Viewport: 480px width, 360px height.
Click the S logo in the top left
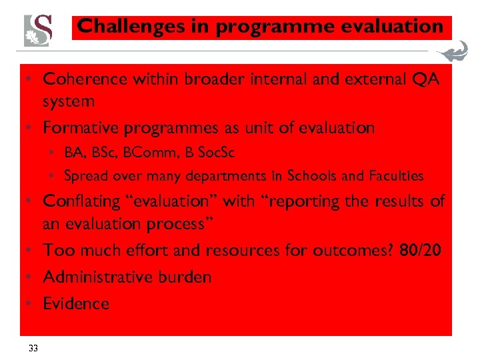coord(37,30)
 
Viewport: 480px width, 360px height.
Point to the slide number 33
coord(33,347)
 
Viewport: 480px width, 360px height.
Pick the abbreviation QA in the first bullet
coord(426,79)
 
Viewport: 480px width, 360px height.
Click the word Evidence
coord(75,303)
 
